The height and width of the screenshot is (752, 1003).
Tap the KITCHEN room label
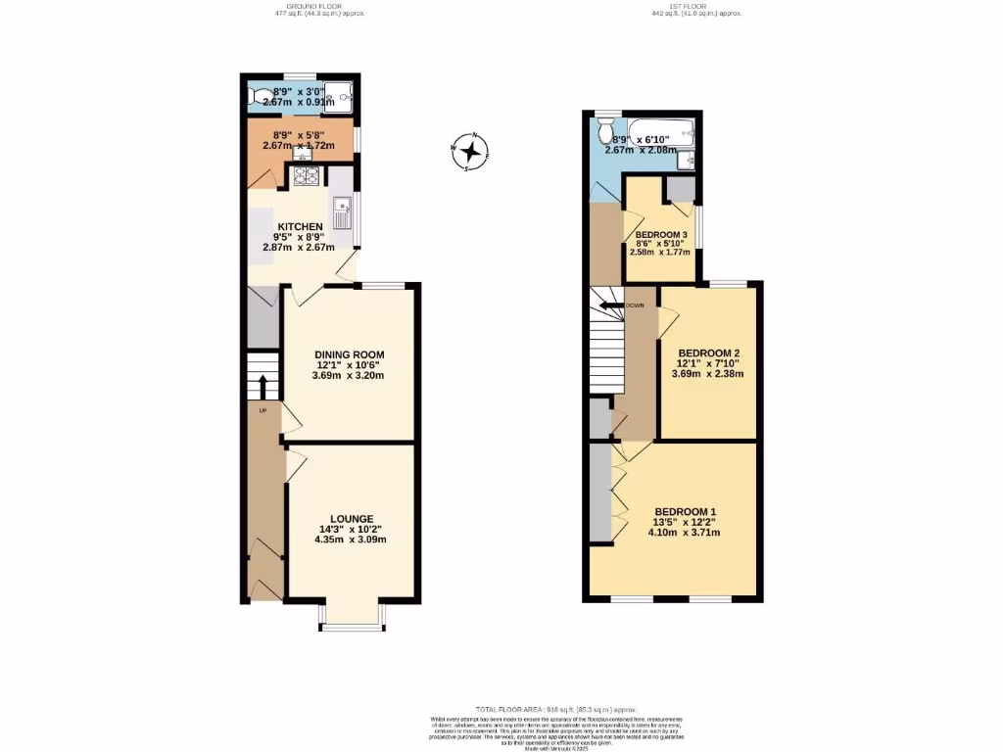click(x=300, y=226)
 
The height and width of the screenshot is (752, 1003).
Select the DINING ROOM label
click(x=349, y=354)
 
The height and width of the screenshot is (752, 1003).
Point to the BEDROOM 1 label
click(x=686, y=511)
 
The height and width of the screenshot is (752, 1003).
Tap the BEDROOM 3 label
click(x=662, y=235)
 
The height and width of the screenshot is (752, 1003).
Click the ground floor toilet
click(x=261, y=96)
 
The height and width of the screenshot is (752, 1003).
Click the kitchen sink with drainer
click(x=342, y=211)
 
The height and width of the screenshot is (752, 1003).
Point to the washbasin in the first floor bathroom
click(x=692, y=159)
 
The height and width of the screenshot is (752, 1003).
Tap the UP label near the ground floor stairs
click(x=263, y=410)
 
